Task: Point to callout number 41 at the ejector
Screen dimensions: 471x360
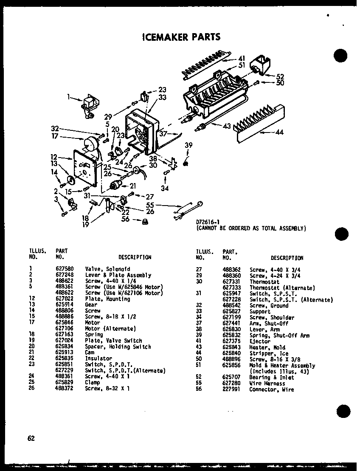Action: [x=242, y=58]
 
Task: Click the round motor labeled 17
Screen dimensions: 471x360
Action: [x=90, y=145]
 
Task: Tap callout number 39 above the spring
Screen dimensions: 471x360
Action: [x=188, y=146]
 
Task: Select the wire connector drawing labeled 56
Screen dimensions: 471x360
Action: [x=146, y=221]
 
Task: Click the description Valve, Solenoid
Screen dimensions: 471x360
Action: [x=107, y=269]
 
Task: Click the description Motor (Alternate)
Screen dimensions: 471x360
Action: [x=110, y=328]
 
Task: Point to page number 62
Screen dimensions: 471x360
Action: [x=31, y=439]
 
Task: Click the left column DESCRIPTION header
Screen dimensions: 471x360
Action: [x=135, y=257]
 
